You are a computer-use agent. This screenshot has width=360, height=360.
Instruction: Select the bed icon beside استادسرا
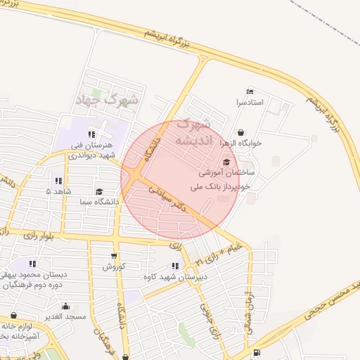pos(250,91)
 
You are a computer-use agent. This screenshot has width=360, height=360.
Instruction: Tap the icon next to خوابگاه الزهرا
pos(240,132)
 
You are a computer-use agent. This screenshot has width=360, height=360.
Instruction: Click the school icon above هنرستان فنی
pos(91,134)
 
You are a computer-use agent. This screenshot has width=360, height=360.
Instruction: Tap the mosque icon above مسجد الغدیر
pos(65,306)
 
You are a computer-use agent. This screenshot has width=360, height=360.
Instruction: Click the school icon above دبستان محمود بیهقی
pos(33,264)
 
